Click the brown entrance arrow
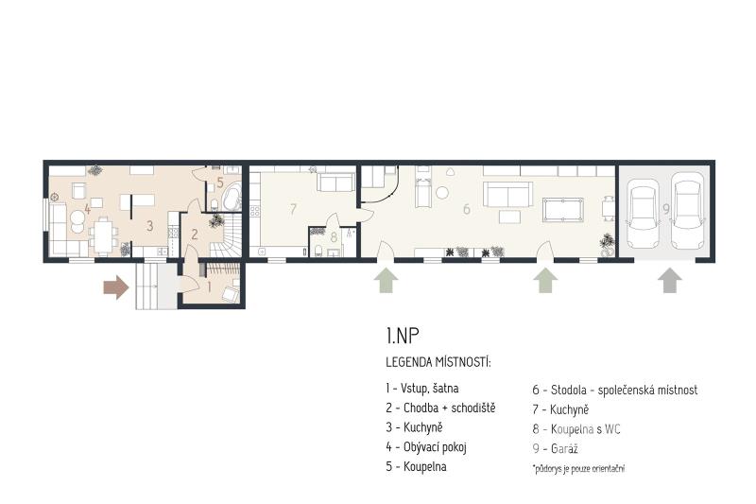[116, 287]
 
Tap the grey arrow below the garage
[670, 281]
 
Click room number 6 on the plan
[466, 209]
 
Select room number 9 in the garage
[666, 209]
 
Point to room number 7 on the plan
[293, 209]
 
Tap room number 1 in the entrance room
[209, 287]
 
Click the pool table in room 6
[562, 209]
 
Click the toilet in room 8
[318, 251]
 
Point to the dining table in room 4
[102, 235]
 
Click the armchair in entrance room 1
[231, 293]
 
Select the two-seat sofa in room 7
[335, 182]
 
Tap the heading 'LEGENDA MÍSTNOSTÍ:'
[438, 362]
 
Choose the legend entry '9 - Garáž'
[555, 448]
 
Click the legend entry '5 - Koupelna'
[416, 466]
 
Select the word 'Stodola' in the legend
[569, 390]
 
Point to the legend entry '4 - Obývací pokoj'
[426, 447]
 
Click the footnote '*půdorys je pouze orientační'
[578, 468]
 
